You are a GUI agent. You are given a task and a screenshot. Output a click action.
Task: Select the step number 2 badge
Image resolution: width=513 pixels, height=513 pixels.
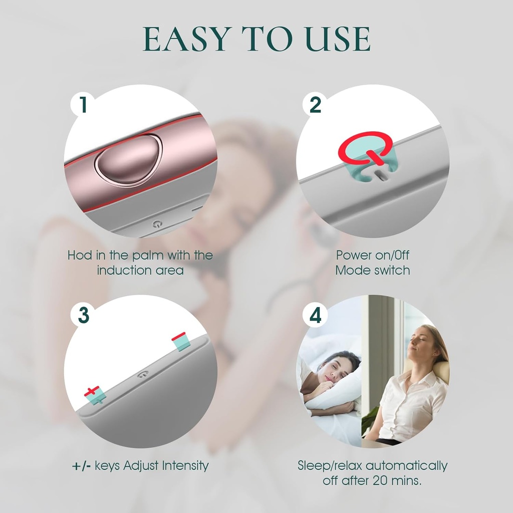click(315, 105)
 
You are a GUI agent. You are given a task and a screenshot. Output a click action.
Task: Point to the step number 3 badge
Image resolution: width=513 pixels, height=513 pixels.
click(83, 315)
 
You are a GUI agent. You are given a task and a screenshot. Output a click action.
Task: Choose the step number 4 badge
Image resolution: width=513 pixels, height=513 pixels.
click(315, 315)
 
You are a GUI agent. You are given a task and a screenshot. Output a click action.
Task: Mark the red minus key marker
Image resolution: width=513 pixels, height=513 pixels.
click(180, 337)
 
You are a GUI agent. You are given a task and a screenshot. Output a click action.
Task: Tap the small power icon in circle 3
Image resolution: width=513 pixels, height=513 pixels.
click(144, 374)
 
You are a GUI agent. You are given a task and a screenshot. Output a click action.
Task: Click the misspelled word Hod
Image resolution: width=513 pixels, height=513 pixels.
click(80, 255)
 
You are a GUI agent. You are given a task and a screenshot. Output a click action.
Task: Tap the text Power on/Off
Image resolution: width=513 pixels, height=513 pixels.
click(373, 255)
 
